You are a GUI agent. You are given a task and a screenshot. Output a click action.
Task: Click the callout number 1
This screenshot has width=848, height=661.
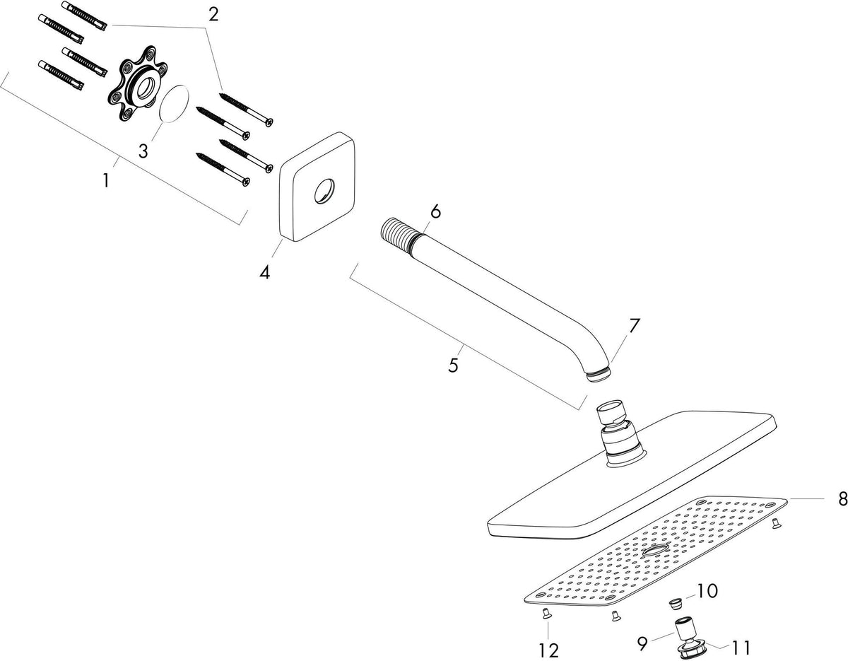click(x=106, y=180)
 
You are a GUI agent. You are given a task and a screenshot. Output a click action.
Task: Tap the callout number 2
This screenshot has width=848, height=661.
click(x=213, y=16)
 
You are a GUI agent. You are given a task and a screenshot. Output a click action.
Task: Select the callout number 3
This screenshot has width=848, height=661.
click(x=143, y=151)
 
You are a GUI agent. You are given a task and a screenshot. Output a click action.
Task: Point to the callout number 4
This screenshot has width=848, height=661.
click(x=264, y=272)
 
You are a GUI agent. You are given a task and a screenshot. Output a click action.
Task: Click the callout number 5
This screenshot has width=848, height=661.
click(x=453, y=365)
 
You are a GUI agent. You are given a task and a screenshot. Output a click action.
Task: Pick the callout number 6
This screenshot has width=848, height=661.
click(x=435, y=211)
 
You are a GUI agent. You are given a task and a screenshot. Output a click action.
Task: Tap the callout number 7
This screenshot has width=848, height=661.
click(x=634, y=327)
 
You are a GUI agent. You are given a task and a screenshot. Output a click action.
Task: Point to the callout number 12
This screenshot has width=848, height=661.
click(x=548, y=650)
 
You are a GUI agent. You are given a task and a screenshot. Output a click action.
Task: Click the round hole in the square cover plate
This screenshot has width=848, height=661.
click(x=324, y=192)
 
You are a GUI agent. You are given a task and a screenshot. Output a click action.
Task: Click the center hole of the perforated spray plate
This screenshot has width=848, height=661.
click(x=656, y=551)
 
